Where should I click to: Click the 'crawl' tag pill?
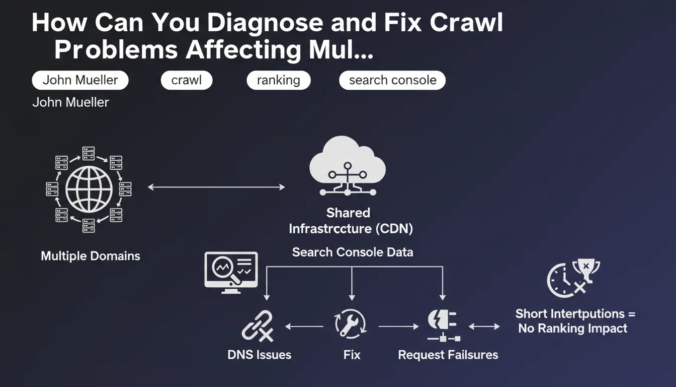187,80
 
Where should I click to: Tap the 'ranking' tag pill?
278,80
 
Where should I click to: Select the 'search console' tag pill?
392,80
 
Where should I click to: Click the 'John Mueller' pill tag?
80,80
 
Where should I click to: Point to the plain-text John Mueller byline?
70,102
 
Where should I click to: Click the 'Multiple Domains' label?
91,256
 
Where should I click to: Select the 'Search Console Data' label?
353,252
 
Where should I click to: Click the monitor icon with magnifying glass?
231,272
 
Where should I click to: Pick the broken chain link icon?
258,327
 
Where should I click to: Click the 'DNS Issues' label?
259,355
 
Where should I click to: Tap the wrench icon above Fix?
351,324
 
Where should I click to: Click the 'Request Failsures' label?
448,355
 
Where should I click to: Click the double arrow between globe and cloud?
216,187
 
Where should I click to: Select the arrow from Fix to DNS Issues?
304,327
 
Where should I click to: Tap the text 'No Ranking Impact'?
573,329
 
